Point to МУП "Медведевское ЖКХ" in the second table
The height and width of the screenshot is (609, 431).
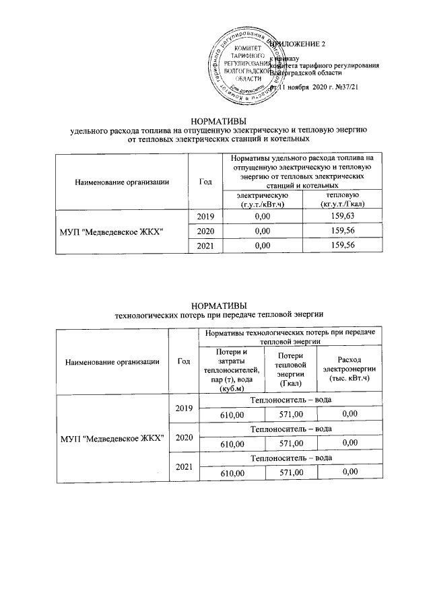(114, 439)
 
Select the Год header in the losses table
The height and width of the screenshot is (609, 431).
(183, 361)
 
